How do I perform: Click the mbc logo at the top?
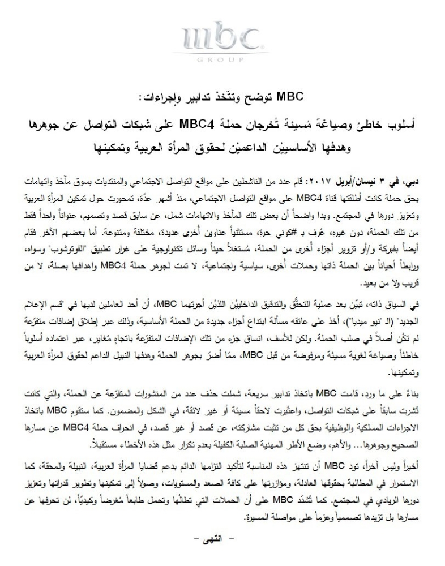(222, 40)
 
